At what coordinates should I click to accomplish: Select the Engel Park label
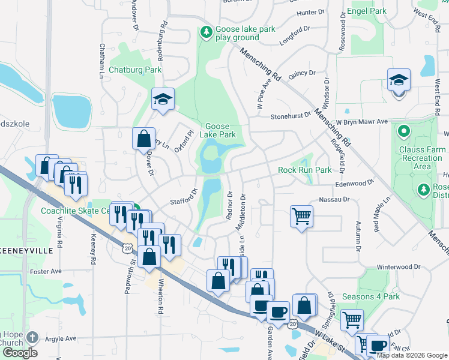[367, 11]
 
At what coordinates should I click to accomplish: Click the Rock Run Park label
[305, 170]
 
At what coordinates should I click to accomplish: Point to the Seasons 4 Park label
[371, 296]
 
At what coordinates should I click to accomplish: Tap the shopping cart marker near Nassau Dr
[301, 216]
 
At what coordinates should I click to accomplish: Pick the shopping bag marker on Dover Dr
[144, 139]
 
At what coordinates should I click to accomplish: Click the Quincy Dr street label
[302, 73]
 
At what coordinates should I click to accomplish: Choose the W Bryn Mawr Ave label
[362, 121]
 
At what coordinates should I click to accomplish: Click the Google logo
[20, 353]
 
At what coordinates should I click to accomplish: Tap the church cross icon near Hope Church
[32, 337]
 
